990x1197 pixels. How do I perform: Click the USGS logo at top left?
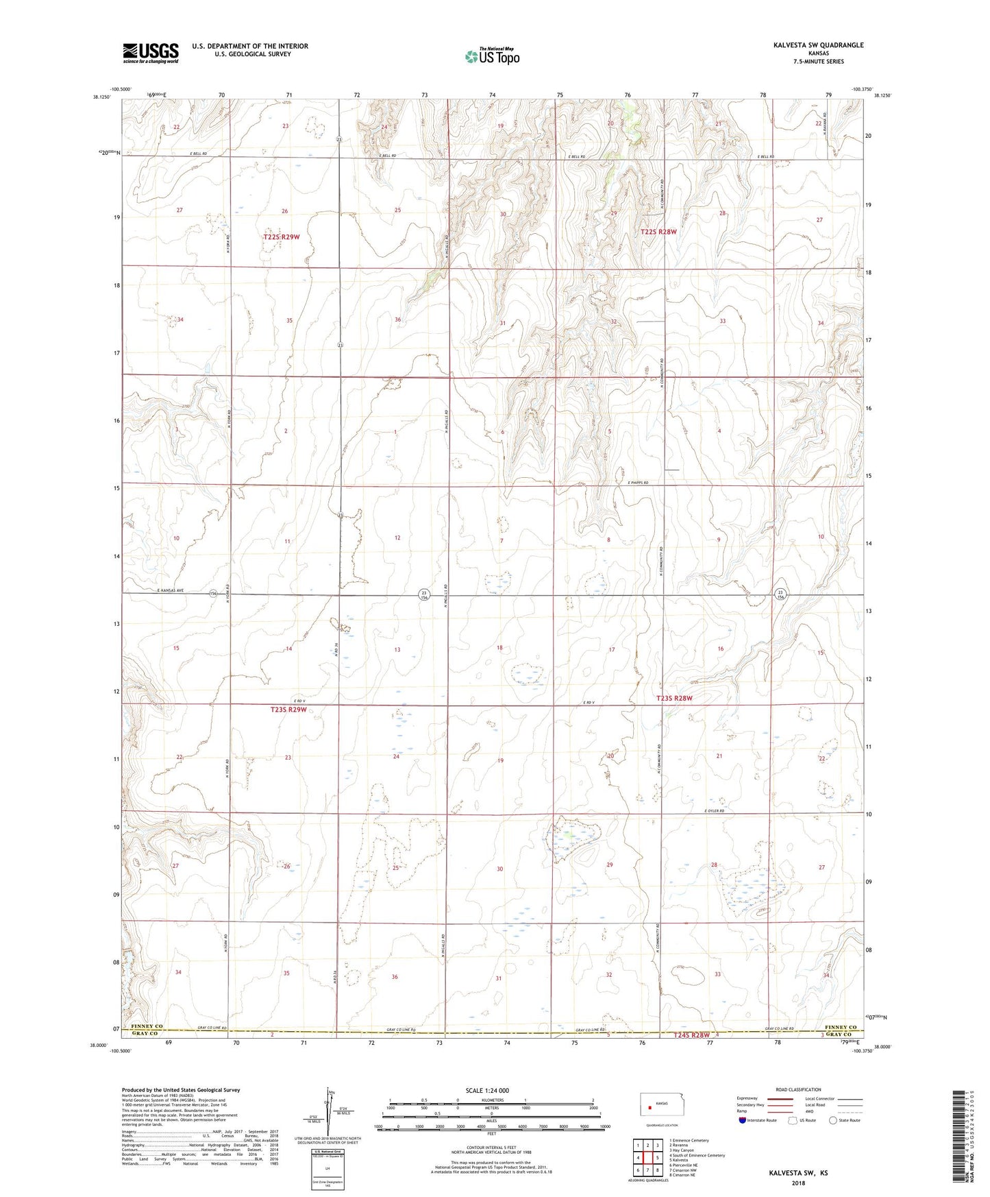pos(151,52)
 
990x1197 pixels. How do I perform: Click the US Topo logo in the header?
pos(492,56)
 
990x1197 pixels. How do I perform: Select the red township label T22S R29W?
pos(281,237)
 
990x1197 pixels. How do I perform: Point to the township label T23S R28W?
pos(674,698)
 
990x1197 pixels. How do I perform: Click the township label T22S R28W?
pos(658,232)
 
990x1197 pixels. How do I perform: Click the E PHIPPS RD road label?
pos(638,483)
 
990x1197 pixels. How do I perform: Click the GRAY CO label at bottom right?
pos(840,1035)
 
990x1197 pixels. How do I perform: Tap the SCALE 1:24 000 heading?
pos(487,1091)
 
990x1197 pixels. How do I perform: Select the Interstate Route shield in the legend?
pos(743,1121)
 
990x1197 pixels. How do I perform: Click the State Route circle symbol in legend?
pos(833,1121)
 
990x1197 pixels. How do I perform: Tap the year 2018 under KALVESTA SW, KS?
pos(798,1183)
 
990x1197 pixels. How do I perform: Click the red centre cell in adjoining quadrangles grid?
pos(647,1158)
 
